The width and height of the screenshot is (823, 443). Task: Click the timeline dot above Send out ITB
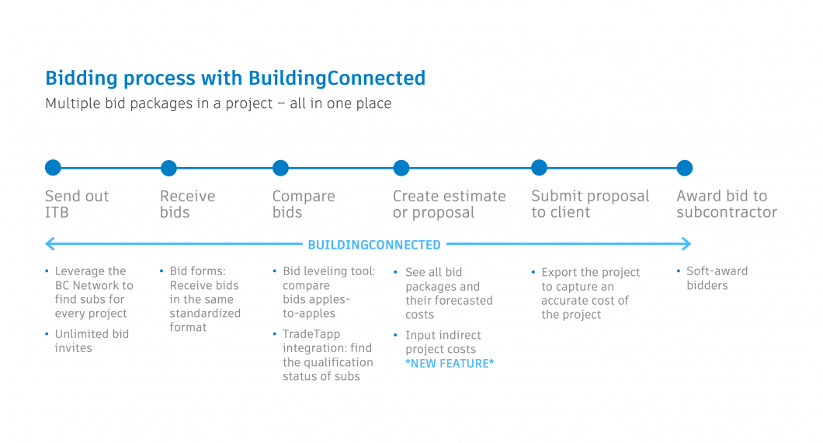(x=53, y=168)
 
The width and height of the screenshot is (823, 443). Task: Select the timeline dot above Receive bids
(x=168, y=168)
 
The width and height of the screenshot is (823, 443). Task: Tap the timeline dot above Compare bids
(x=280, y=168)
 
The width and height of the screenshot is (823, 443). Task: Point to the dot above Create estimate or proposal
(x=401, y=168)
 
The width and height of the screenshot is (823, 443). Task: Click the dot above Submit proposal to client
(x=539, y=168)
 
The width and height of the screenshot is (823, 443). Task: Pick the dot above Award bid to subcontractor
(x=684, y=168)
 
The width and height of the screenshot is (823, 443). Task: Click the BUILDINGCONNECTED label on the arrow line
(x=374, y=245)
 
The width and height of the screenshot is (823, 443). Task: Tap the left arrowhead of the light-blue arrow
(x=49, y=245)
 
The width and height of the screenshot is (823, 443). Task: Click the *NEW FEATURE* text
(x=450, y=364)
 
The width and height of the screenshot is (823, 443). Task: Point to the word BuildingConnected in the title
(x=337, y=78)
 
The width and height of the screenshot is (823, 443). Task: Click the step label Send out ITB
(x=76, y=204)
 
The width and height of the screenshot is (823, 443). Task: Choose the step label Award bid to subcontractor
(x=726, y=204)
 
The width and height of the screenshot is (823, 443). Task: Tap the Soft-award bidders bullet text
(x=717, y=278)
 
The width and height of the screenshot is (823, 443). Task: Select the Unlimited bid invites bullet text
(x=92, y=341)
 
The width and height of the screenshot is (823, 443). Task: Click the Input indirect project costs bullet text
(x=443, y=342)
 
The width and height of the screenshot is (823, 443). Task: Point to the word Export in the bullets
(x=559, y=272)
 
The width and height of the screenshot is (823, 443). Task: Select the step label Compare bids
(x=303, y=204)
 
